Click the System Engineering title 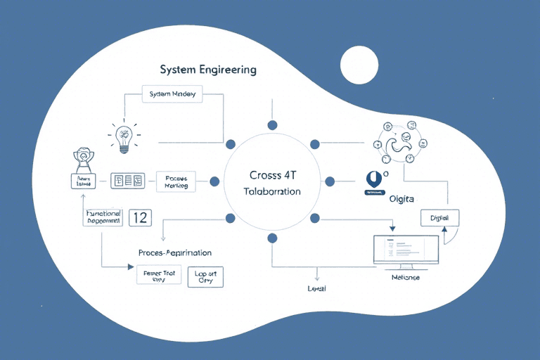click(x=208, y=70)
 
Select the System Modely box click(x=172, y=94)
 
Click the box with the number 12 click(x=140, y=217)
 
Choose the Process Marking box click(x=176, y=183)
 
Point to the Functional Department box click(x=104, y=217)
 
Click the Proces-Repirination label click(x=175, y=252)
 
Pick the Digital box click(x=439, y=218)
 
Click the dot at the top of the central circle click(x=272, y=125)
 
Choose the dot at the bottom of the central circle click(x=272, y=238)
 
